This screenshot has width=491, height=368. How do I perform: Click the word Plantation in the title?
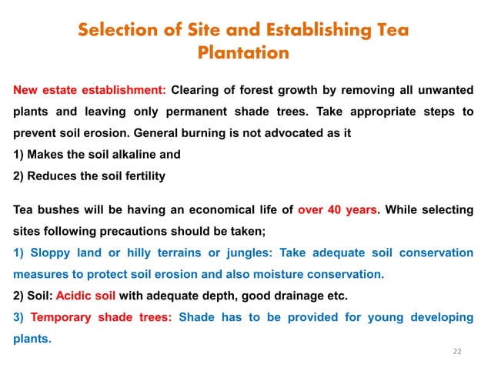coord(243,53)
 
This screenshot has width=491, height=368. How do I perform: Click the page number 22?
coord(457,351)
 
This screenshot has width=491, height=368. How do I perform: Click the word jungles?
coord(251,252)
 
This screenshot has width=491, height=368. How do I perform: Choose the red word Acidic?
coord(75,295)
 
